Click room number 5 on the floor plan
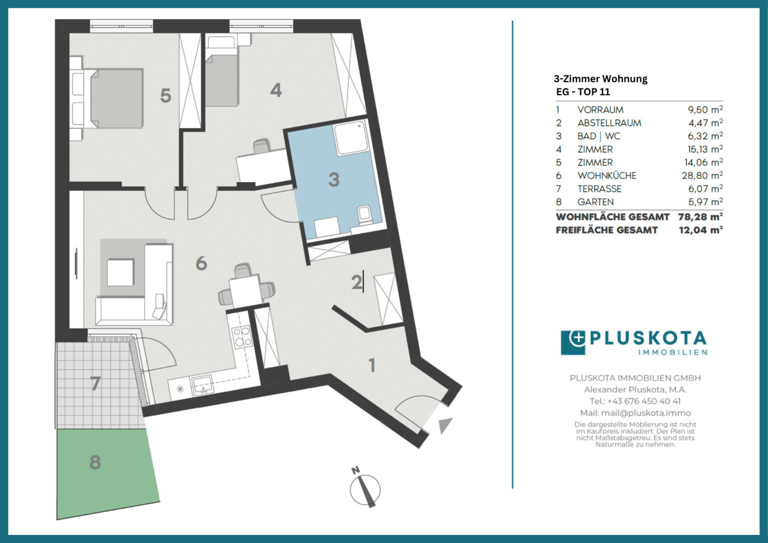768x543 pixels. (x=165, y=96)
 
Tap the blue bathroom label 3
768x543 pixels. (x=334, y=179)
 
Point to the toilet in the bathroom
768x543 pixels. (x=363, y=215)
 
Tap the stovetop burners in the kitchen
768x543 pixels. (x=241, y=336)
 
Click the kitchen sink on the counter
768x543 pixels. (x=202, y=385)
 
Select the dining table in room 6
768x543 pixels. (x=246, y=291)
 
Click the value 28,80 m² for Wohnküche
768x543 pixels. (x=702, y=175)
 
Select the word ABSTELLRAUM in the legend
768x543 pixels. (x=609, y=123)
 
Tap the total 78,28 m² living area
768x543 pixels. (x=700, y=217)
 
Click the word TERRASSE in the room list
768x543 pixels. (x=599, y=189)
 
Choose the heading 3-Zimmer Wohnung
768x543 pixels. (x=600, y=79)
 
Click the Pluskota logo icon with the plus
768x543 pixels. (x=573, y=342)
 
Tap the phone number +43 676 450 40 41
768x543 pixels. (x=644, y=401)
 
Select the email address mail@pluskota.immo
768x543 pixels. (x=646, y=413)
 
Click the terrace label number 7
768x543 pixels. (x=95, y=383)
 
